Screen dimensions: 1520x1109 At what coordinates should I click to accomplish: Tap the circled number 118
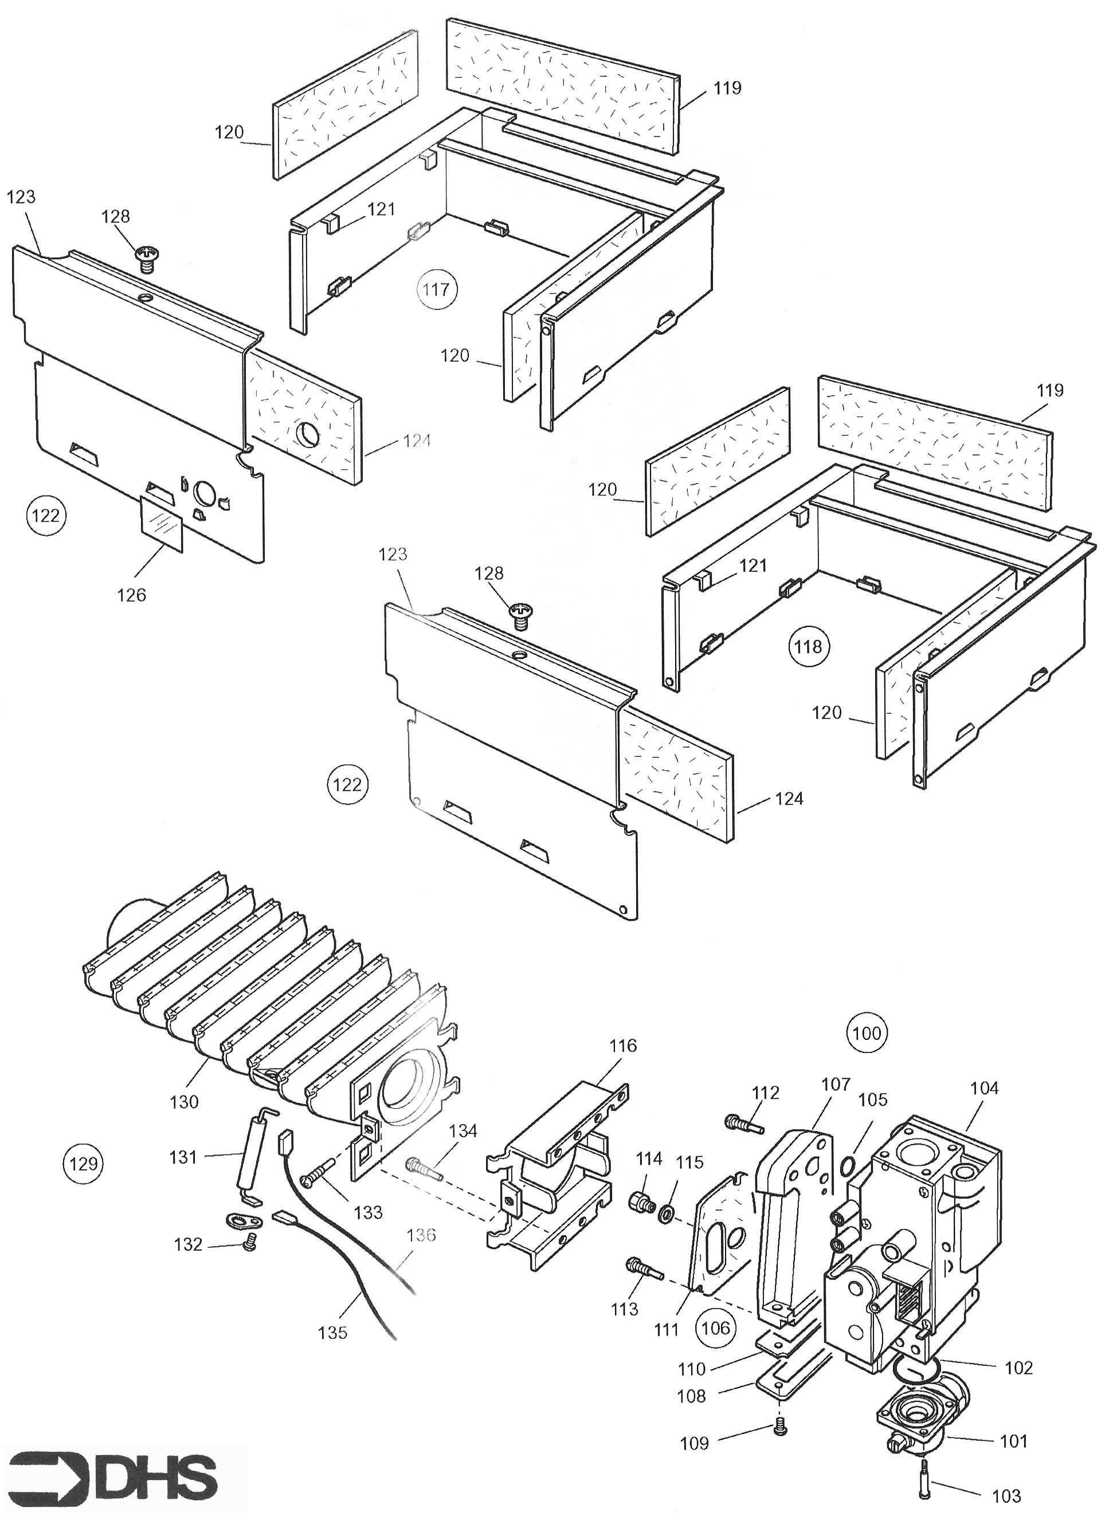(808, 646)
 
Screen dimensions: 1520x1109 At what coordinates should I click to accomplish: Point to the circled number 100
(867, 1033)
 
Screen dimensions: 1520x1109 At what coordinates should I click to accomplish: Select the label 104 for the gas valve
(984, 1088)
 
